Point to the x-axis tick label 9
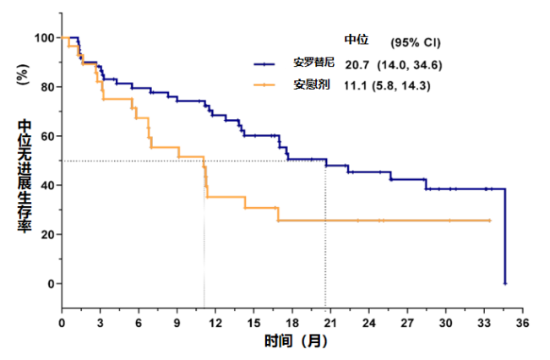pos(177,323)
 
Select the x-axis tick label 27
pos(406,323)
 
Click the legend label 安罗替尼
pos(314,64)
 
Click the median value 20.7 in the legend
pos(357,64)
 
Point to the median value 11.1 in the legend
pos(356,85)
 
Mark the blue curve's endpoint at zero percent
pos(505,283)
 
